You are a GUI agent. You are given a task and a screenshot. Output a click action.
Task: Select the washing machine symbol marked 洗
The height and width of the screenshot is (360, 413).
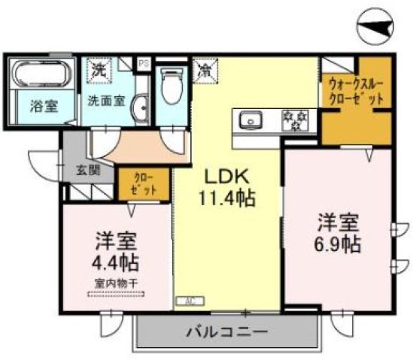[99, 71]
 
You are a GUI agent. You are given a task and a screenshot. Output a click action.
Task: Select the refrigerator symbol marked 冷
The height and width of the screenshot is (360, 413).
[204, 71]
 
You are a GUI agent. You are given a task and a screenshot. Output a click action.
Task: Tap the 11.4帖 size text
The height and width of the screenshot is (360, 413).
[228, 198]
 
